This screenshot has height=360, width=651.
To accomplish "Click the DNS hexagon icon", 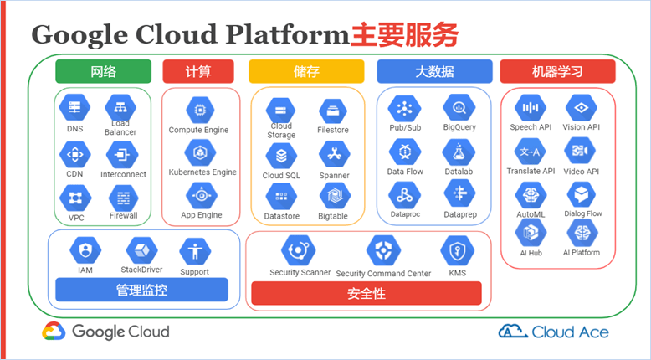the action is pyautogui.click(x=74, y=107).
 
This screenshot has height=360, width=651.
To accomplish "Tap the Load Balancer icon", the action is pyautogui.click(x=120, y=107).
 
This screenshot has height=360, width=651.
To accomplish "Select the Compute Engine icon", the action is pyautogui.click(x=200, y=110).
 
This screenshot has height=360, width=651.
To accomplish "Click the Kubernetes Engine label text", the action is pyautogui.click(x=202, y=172).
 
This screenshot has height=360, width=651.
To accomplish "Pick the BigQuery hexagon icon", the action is pyautogui.click(x=459, y=107).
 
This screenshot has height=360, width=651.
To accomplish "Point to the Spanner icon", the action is pyautogui.click(x=334, y=155).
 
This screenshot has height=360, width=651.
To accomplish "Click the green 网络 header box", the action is pyautogui.click(x=104, y=71).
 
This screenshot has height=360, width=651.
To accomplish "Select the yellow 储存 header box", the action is pyautogui.click(x=306, y=71).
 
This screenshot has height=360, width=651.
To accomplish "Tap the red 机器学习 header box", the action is pyautogui.click(x=557, y=71).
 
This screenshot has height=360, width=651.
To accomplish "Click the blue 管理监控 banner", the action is pyautogui.click(x=141, y=290).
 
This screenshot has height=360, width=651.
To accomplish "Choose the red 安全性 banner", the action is pyautogui.click(x=367, y=293).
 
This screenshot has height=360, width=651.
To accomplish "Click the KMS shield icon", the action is pyautogui.click(x=457, y=251).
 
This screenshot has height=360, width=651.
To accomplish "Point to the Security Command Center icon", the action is pyautogui.click(x=383, y=251).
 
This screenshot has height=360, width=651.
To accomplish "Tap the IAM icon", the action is pyautogui.click(x=85, y=250).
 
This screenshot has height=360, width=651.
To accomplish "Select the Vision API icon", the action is pyautogui.click(x=582, y=107).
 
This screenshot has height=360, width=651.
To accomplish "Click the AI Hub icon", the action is pyautogui.click(x=531, y=233).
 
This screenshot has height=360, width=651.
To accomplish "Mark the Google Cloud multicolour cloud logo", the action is pyautogui.click(x=54, y=332).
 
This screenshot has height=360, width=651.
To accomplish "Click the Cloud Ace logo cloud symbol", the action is pyautogui.click(x=513, y=331).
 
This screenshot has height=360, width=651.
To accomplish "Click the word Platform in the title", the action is pyautogui.click(x=287, y=34).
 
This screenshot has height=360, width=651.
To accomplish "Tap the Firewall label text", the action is pyautogui.click(x=123, y=215).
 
